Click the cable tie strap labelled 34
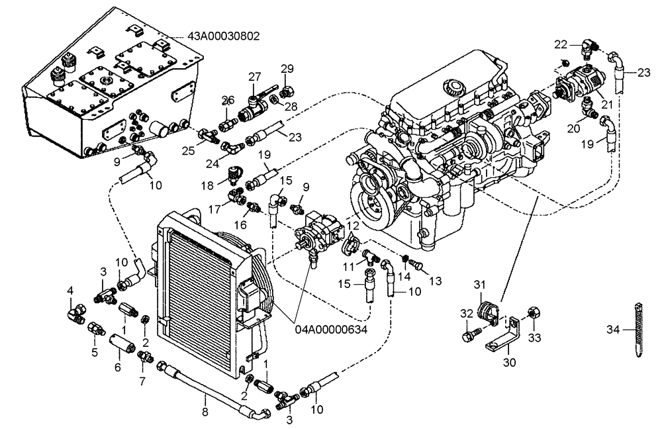click(638, 330)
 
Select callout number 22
click(561, 44)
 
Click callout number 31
click(481, 285)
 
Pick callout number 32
click(467, 314)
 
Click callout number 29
click(287, 69)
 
